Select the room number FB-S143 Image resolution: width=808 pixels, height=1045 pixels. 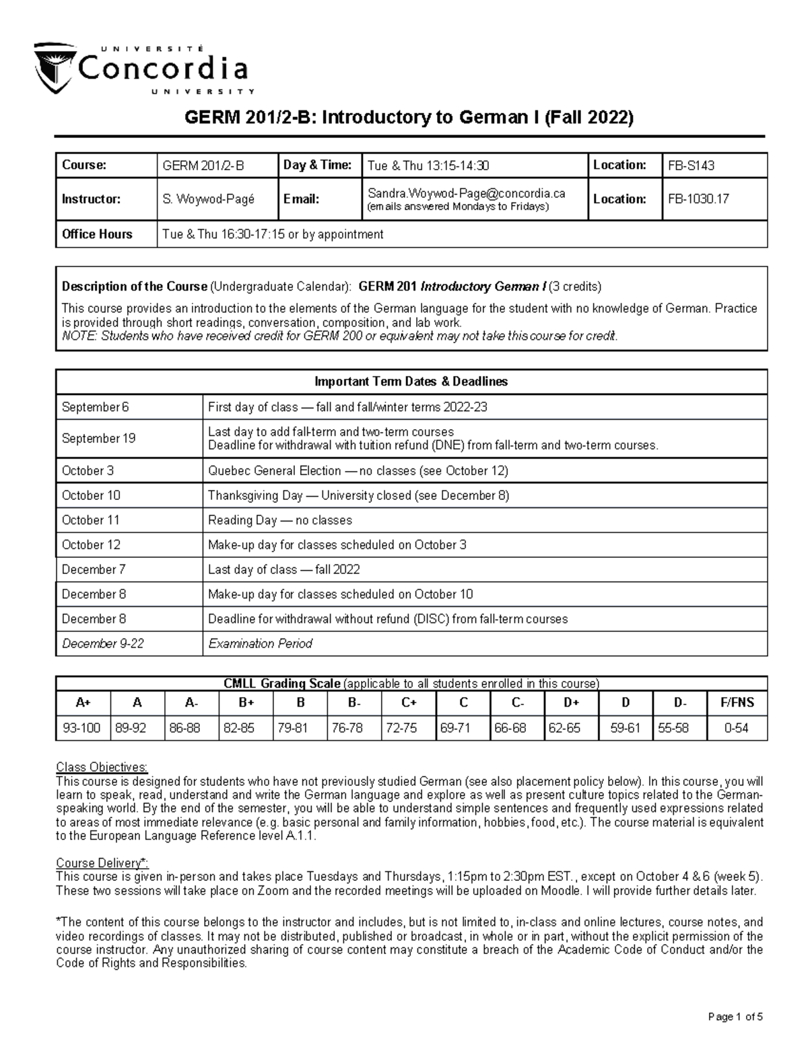690,166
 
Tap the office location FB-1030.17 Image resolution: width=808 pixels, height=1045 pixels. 698,199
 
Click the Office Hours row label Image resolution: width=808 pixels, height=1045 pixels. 97,234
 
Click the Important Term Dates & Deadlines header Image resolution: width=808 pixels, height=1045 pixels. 411,382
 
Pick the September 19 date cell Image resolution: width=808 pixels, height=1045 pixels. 98,438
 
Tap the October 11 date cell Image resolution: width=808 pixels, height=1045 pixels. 91,520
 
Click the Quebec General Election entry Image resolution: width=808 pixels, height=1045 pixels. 358,470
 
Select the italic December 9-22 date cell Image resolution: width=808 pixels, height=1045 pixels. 103,644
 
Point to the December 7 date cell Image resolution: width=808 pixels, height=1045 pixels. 94,569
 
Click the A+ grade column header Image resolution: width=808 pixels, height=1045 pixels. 83,703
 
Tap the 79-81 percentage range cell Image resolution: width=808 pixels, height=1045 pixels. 292,728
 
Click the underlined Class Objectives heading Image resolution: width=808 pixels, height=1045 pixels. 102,768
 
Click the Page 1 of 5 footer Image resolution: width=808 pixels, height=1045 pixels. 735,1017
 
